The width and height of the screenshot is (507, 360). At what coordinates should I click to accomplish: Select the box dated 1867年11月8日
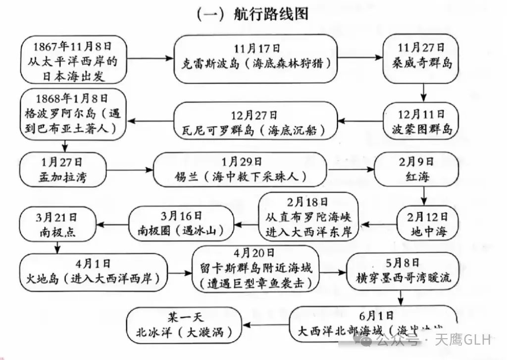click(73, 59)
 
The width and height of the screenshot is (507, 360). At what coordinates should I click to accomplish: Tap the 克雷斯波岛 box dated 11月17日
click(255, 58)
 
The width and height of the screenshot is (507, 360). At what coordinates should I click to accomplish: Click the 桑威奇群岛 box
click(421, 58)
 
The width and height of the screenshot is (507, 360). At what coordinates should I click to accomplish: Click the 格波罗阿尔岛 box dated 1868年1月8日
click(73, 114)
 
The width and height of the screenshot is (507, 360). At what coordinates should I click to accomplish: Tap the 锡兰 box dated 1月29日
click(240, 169)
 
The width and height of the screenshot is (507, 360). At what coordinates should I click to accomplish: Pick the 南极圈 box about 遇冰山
click(181, 223)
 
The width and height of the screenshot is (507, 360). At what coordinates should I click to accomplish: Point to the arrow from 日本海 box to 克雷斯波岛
click(150, 58)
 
